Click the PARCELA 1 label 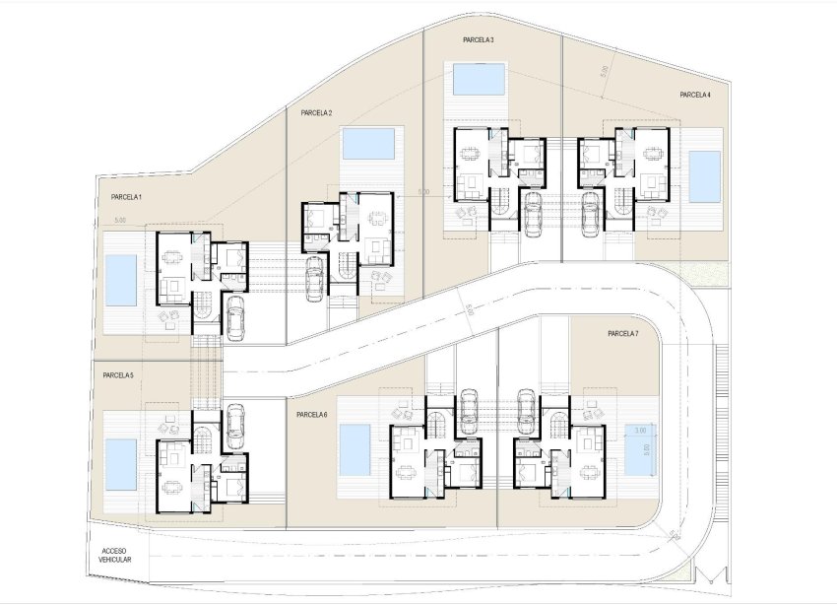[x=127, y=198]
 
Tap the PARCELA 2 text [x=316, y=113]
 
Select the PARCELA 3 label [x=479, y=39]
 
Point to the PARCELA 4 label [x=695, y=95]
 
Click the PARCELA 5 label [x=117, y=375]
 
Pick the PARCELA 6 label [x=311, y=415]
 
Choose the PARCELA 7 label [x=623, y=334]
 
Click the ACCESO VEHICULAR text [x=115, y=554]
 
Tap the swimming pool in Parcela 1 [x=120, y=280]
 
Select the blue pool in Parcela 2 [x=368, y=144]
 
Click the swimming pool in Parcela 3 [x=480, y=78]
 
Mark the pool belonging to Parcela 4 [x=704, y=175]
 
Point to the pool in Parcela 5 [x=120, y=464]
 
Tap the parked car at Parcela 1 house [x=235, y=319]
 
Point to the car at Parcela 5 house [x=234, y=424]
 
